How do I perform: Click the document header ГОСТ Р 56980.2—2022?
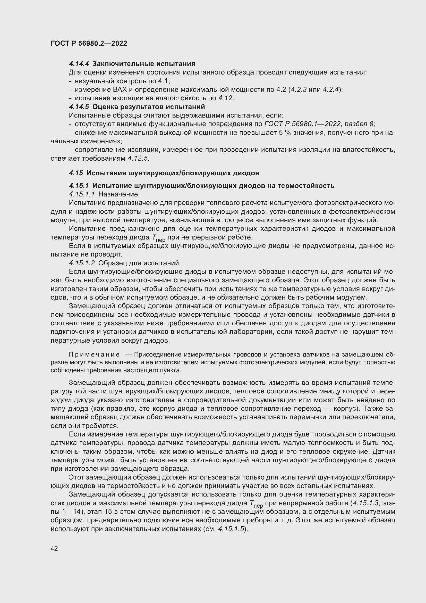[x=89, y=43]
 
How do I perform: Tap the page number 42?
[x=54, y=548]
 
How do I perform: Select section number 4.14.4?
[x=79, y=64]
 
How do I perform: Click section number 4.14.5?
[x=79, y=107]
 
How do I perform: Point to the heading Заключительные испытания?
[x=144, y=64]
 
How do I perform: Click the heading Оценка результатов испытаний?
[x=148, y=107]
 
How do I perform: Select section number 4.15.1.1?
[x=82, y=194]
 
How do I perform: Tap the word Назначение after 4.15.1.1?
[x=118, y=194]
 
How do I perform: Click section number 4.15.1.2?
[x=82, y=263]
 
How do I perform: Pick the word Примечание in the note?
[x=94, y=354]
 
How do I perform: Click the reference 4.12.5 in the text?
[x=138, y=158]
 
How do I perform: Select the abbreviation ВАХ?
[x=120, y=89]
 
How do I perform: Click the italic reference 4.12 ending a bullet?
[x=225, y=98]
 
